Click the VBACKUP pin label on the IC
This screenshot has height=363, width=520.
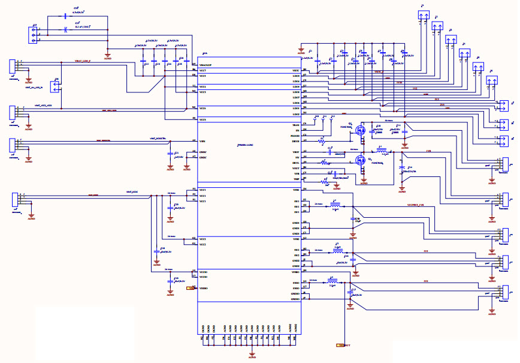coord(206,65)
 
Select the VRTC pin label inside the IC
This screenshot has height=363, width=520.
coord(295,71)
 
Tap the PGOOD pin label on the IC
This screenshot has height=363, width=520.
coord(294,136)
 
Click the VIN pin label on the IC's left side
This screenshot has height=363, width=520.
coord(202,140)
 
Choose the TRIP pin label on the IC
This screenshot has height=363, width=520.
coord(296,179)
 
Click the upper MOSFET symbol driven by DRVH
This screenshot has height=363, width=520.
coord(361,130)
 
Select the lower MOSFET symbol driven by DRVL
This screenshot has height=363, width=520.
coord(360,160)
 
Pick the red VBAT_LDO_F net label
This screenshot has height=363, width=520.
coord(83,61)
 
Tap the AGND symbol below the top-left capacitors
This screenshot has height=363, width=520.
coord(107,57)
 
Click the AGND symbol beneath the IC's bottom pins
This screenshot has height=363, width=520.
coord(252,355)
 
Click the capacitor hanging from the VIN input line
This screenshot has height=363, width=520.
coord(170,155)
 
